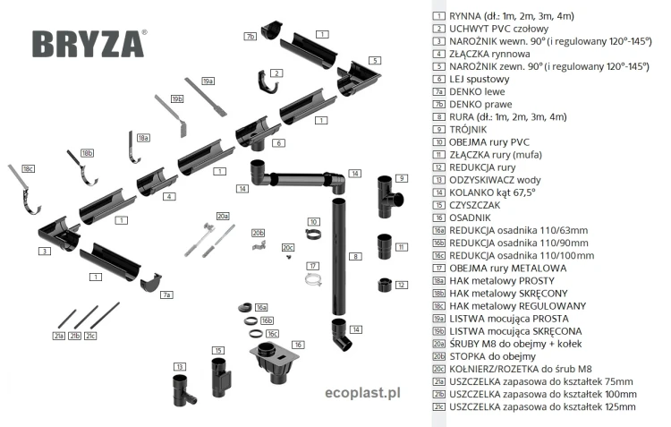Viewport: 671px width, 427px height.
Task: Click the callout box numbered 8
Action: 355,257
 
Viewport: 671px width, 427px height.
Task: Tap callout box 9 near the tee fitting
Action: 403,178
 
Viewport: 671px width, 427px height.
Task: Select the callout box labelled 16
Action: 298,344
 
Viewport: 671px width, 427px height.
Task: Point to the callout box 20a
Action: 223,216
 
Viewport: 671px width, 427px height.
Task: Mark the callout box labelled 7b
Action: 251,37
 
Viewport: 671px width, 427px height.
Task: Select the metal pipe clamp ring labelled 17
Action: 312,280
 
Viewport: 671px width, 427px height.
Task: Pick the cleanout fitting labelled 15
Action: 221,377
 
